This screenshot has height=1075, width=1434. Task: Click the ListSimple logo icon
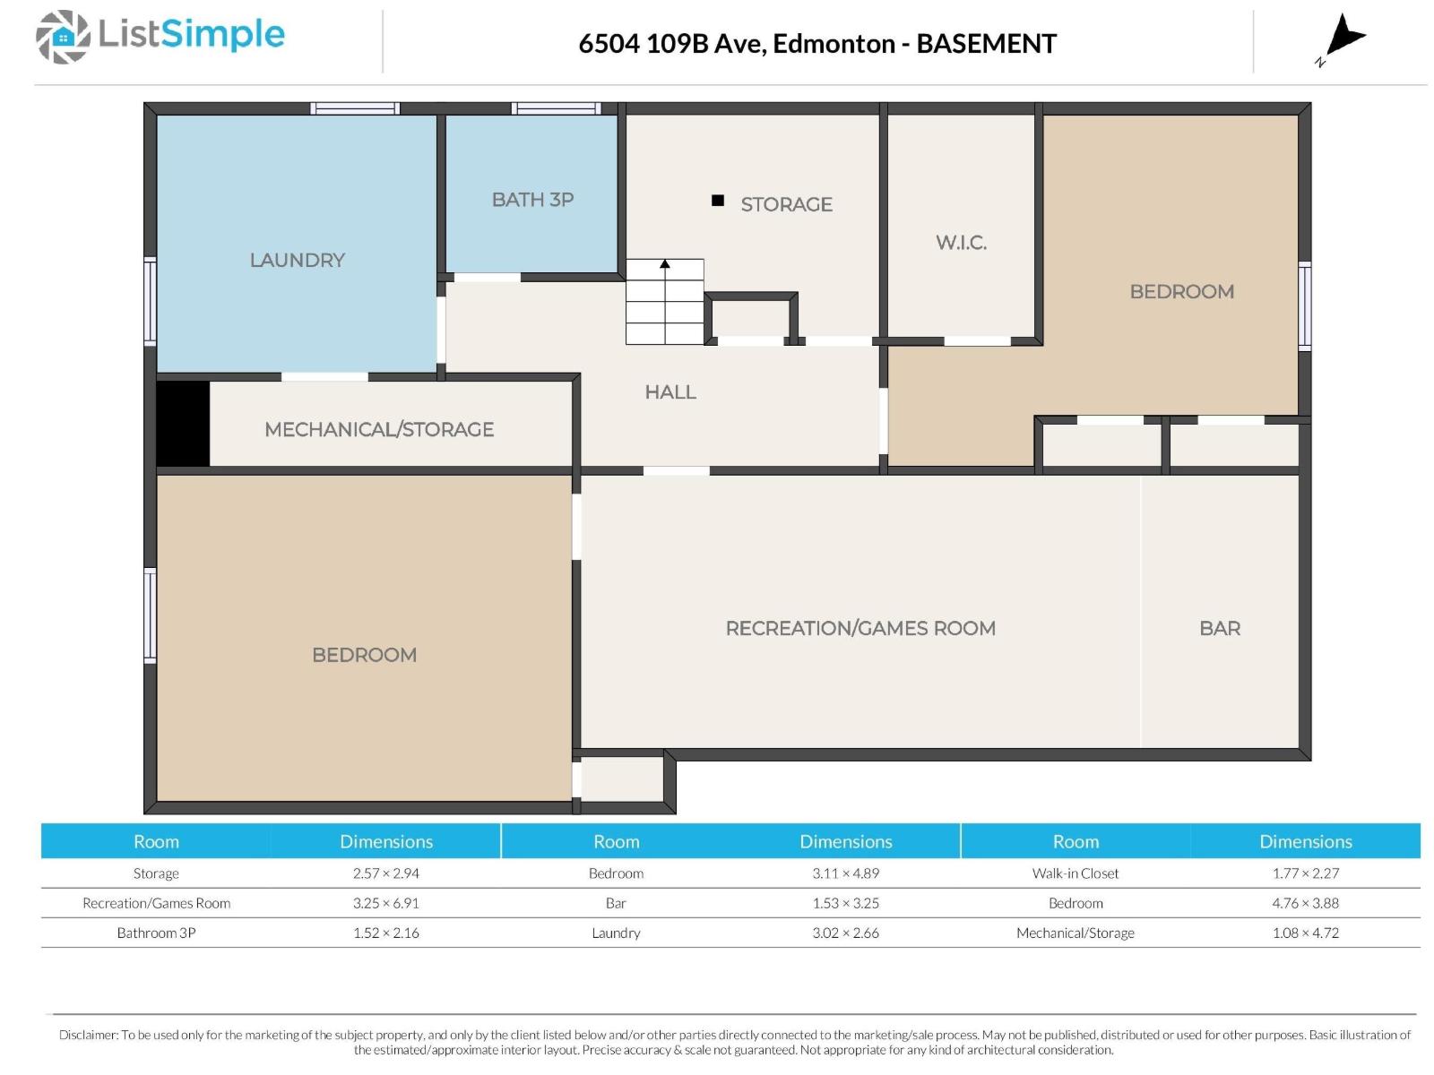[63, 38]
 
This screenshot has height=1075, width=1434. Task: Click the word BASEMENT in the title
[986, 44]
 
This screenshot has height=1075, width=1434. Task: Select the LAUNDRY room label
[298, 260]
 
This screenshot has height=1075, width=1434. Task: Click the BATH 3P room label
[532, 200]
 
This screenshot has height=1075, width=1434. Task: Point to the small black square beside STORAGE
[717, 201]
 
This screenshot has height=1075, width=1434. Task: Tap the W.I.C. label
[961, 243]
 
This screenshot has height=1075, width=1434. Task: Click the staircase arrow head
[664, 263]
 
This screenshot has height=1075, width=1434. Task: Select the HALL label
[670, 391]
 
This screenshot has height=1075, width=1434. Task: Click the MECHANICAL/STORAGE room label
[379, 429]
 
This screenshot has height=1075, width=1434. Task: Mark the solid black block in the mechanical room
[183, 424]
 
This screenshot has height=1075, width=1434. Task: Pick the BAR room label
[1219, 628]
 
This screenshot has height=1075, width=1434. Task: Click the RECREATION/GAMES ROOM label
[860, 628]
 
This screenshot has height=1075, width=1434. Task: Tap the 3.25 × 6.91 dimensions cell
[386, 903]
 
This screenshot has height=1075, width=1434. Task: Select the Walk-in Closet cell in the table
[1075, 873]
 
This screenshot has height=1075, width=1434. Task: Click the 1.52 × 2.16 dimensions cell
[386, 933]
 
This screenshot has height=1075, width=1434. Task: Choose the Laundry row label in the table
[616, 933]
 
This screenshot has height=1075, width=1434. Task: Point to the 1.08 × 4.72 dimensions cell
[1305, 933]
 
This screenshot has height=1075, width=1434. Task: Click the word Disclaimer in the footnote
[88, 1035]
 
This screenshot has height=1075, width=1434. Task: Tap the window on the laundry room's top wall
[355, 108]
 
